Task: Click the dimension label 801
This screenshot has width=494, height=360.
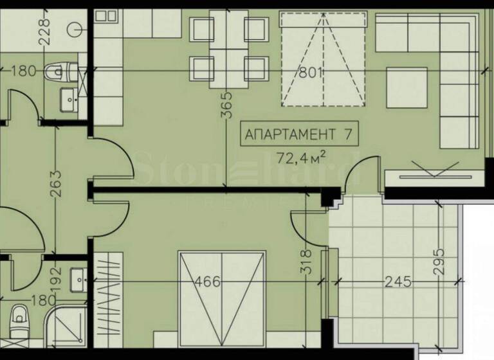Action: [310, 72]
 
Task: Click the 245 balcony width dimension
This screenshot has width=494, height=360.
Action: [399, 282]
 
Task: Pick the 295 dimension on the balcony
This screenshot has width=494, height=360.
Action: [440, 262]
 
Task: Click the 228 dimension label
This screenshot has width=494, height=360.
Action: [44, 31]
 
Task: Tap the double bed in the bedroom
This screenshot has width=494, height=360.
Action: [222, 302]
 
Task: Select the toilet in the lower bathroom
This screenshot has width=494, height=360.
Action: [19, 318]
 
